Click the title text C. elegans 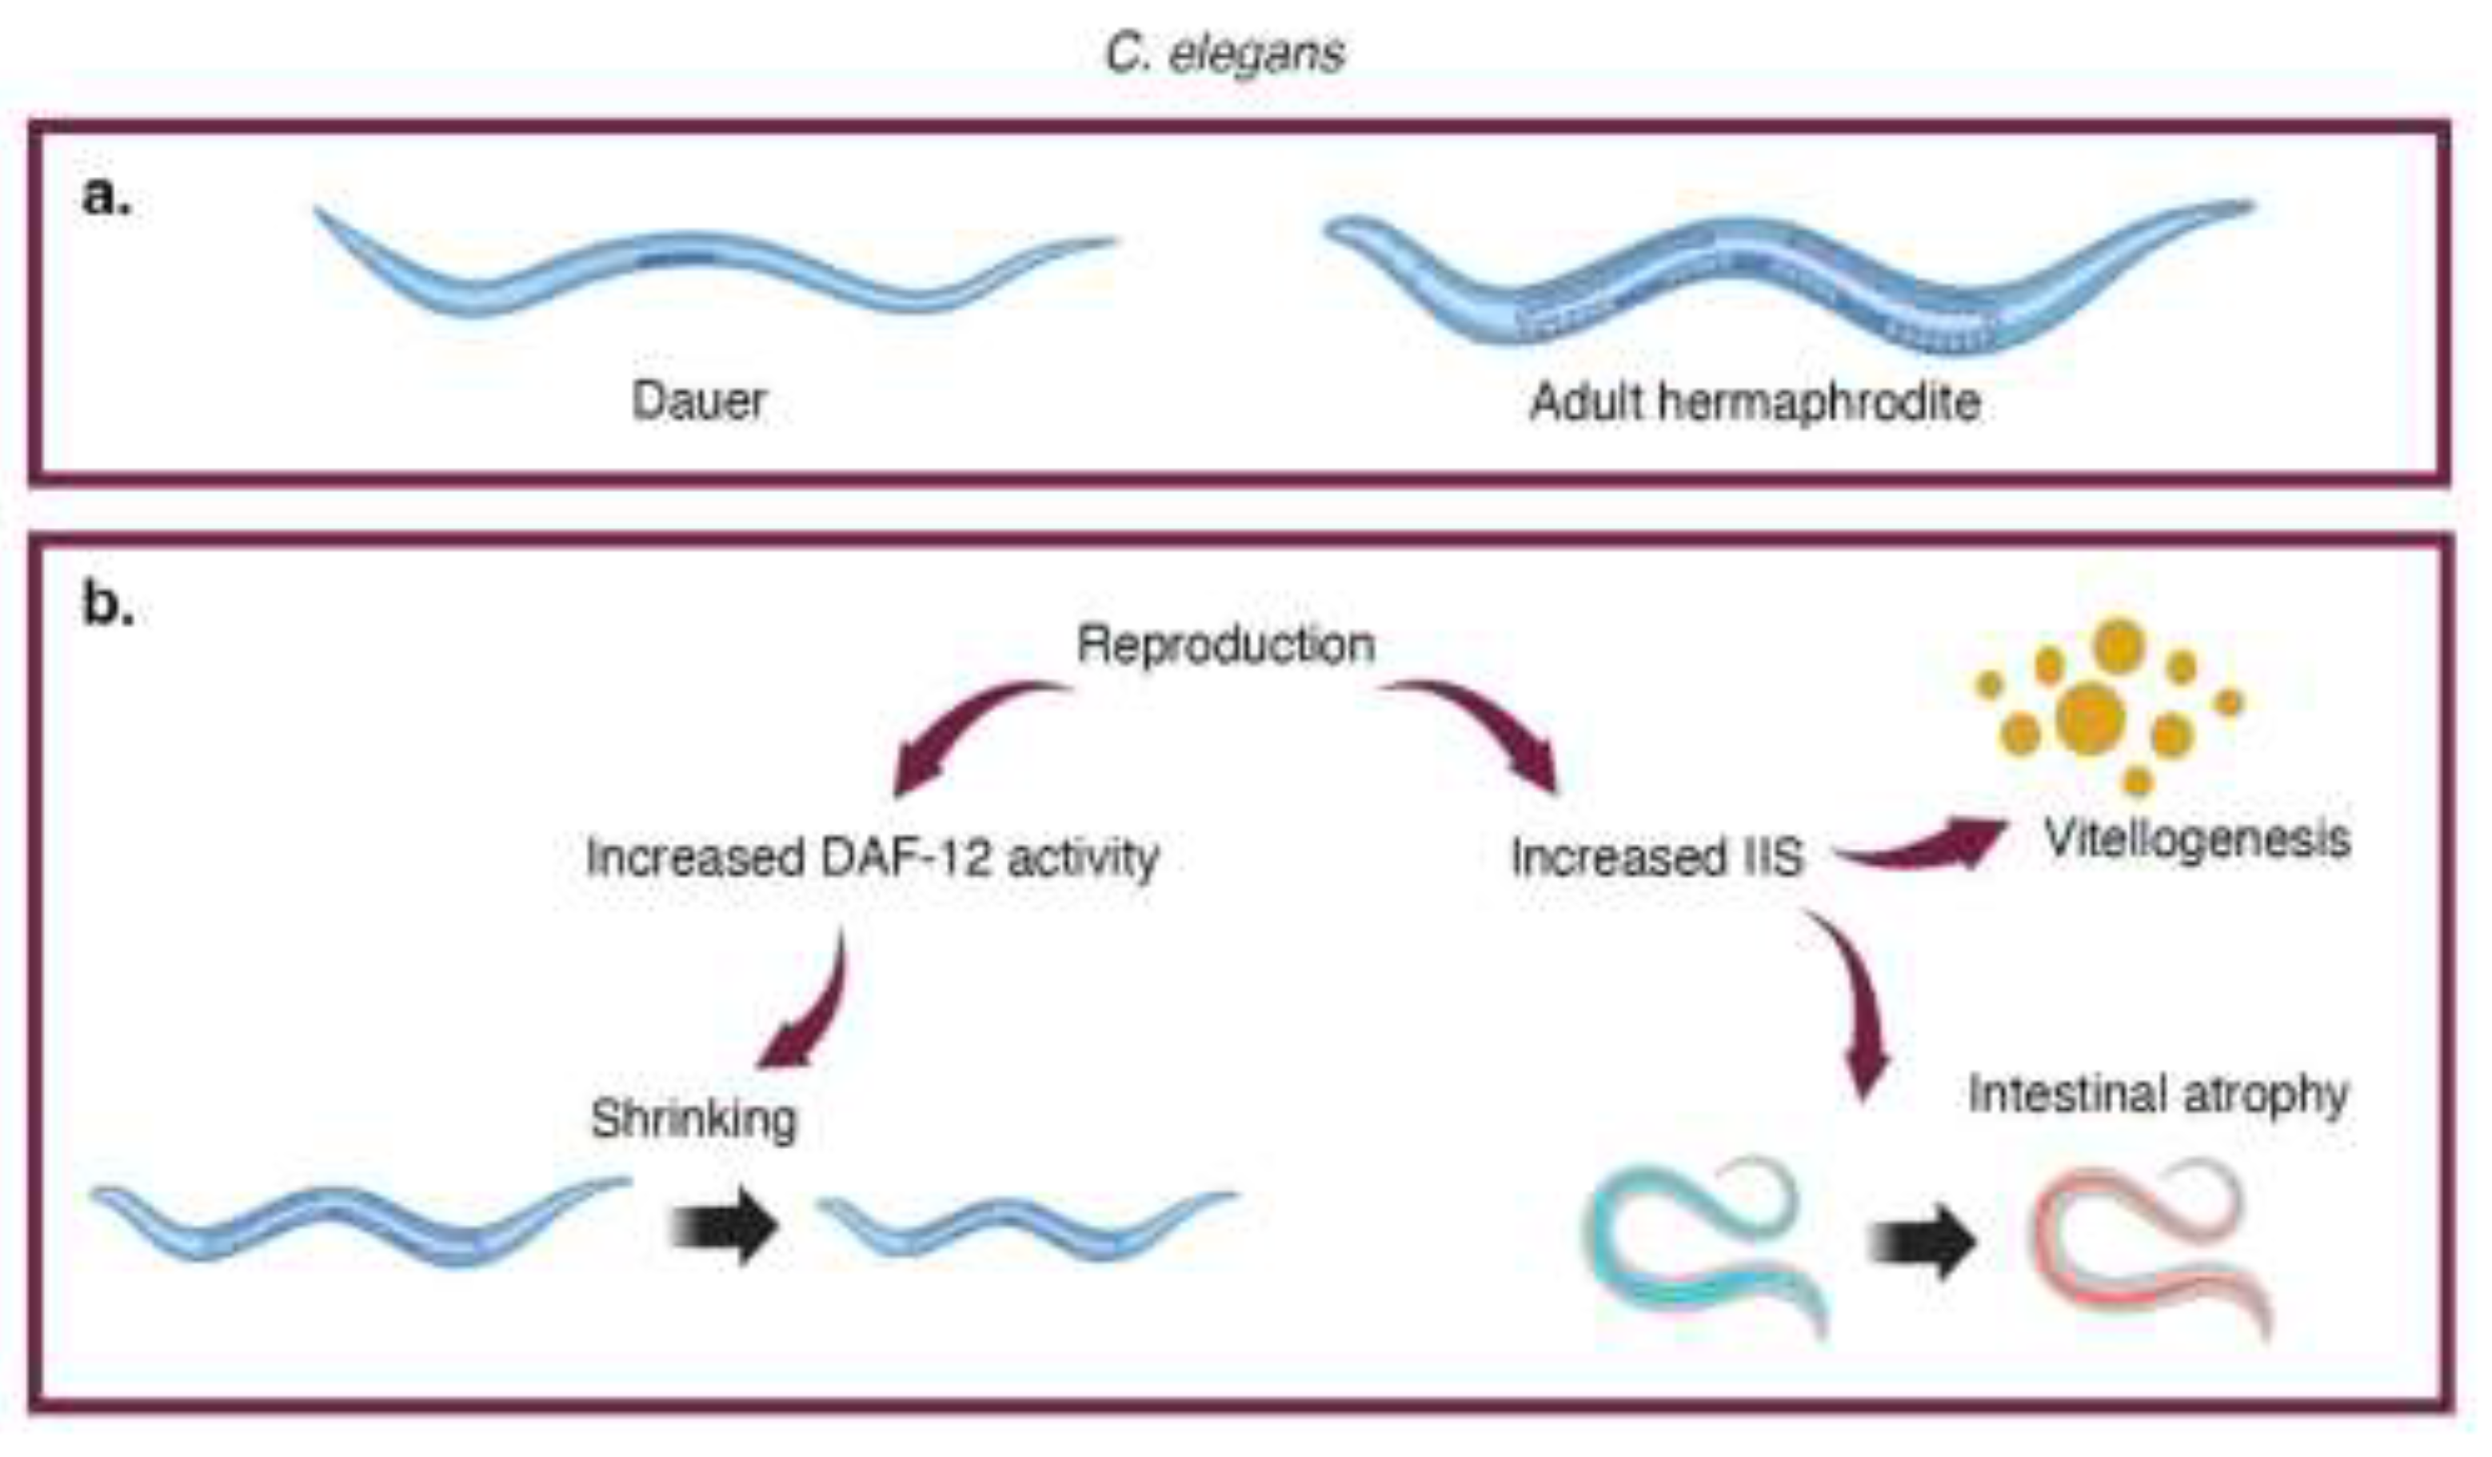pos(1224,54)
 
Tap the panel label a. pos(106,195)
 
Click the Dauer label pos(699,401)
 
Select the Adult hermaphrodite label pos(1755,402)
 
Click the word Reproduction pos(1225,645)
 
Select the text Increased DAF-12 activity pos(873,857)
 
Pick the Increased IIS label pos(1657,857)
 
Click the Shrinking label pos(693,1119)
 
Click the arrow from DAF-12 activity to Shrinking pos(816,1009)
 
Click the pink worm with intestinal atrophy pos(2146,1247)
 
